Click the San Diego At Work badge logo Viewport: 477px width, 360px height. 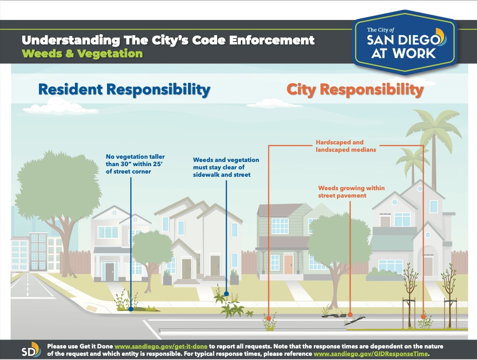tap(405, 43)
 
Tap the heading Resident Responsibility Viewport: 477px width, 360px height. tap(124, 90)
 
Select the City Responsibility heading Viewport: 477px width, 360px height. tap(355, 90)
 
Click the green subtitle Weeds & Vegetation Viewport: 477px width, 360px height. tap(82, 54)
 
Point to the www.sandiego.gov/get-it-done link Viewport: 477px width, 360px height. tap(161, 346)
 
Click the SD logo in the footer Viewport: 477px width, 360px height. tap(31, 350)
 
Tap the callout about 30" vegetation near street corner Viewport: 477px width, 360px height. tap(135, 164)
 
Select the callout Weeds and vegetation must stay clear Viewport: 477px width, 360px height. tap(226, 167)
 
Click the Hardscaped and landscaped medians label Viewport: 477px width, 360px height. tap(346, 146)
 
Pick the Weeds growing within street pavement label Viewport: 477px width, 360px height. tap(351, 192)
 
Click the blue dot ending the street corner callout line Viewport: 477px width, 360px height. tap(131, 309)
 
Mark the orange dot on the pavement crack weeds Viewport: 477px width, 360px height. tap(350, 315)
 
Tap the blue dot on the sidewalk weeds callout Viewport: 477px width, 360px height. tap(226, 294)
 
